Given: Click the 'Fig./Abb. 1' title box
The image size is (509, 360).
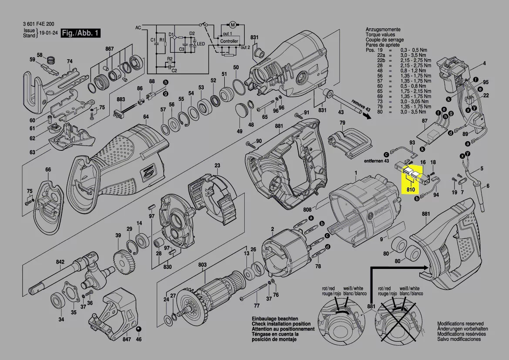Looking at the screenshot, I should click(81, 34).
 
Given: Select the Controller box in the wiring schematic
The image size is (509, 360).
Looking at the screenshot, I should click(229, 41).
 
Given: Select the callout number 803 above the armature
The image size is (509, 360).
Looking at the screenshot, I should click(202, 265).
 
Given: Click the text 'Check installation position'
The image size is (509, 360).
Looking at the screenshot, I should click(281, 324).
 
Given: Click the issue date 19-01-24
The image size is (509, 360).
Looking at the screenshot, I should click(48, 34).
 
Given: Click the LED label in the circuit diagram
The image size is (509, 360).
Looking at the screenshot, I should click(201, 44).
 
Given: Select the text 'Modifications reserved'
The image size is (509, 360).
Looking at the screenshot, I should click(462, 324).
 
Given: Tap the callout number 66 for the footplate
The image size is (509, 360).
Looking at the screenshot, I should click(48, 170).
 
